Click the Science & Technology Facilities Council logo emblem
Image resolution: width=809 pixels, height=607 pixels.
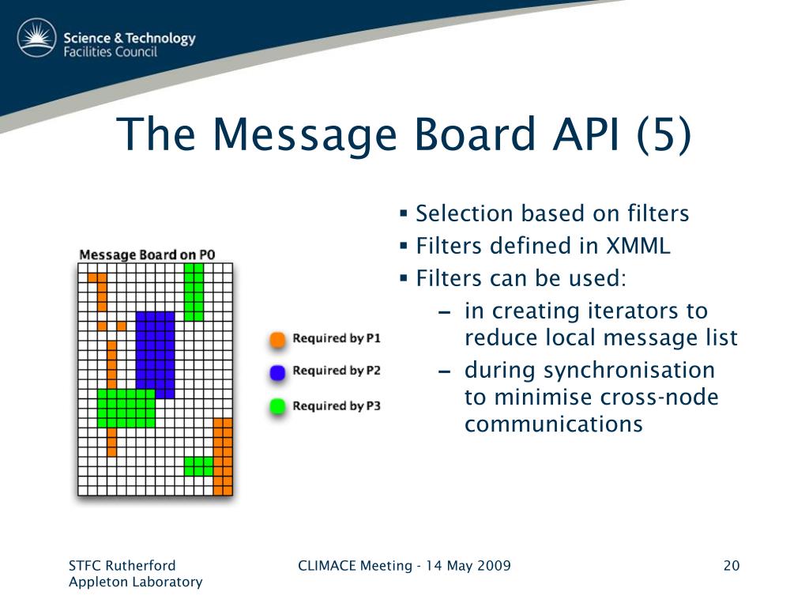tap(36, 39)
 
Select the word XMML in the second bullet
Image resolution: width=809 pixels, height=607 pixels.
tap(638, 246)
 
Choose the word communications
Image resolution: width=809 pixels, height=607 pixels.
tap(553, 424)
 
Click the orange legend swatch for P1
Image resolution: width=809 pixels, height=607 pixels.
tap(277, 340)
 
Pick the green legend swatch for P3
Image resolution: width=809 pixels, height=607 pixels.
tap(277, 407)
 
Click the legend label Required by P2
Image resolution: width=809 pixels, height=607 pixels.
tap(337, 371)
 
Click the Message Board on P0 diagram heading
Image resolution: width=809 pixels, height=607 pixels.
tap(147, 254)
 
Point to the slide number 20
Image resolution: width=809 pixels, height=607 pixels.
tap(731, 566)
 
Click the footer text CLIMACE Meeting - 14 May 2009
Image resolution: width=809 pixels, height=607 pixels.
tap(404, 566)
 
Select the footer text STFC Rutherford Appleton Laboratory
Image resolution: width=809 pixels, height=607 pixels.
tap(135, 574)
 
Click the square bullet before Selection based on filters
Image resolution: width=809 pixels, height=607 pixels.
tap(403, 213)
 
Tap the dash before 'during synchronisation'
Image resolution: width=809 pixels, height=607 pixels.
tap(445, 371)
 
